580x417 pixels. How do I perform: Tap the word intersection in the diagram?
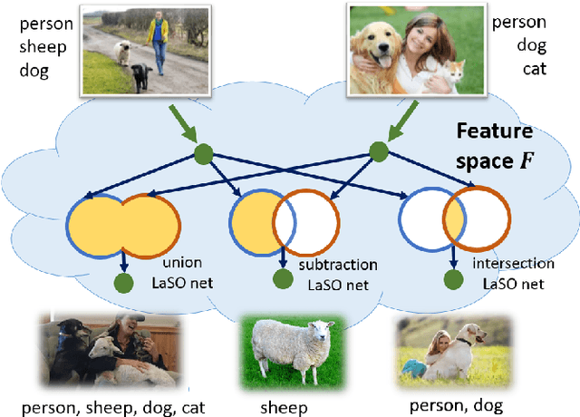click(x=513, y=264)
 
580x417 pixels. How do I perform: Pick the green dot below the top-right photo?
click(x=379, y=152)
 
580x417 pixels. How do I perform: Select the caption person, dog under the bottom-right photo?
click(x=456, y=406)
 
